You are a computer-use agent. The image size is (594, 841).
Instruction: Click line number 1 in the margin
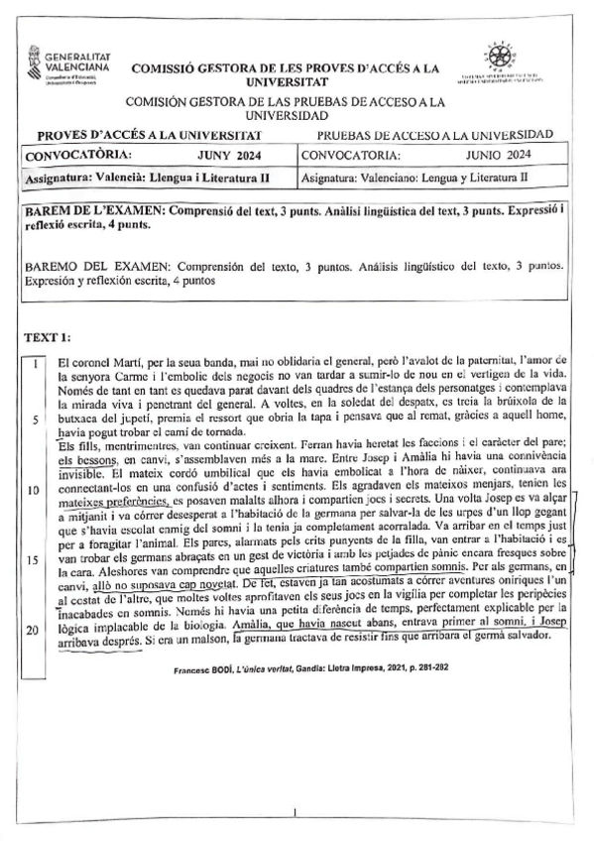tap(36, 364)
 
